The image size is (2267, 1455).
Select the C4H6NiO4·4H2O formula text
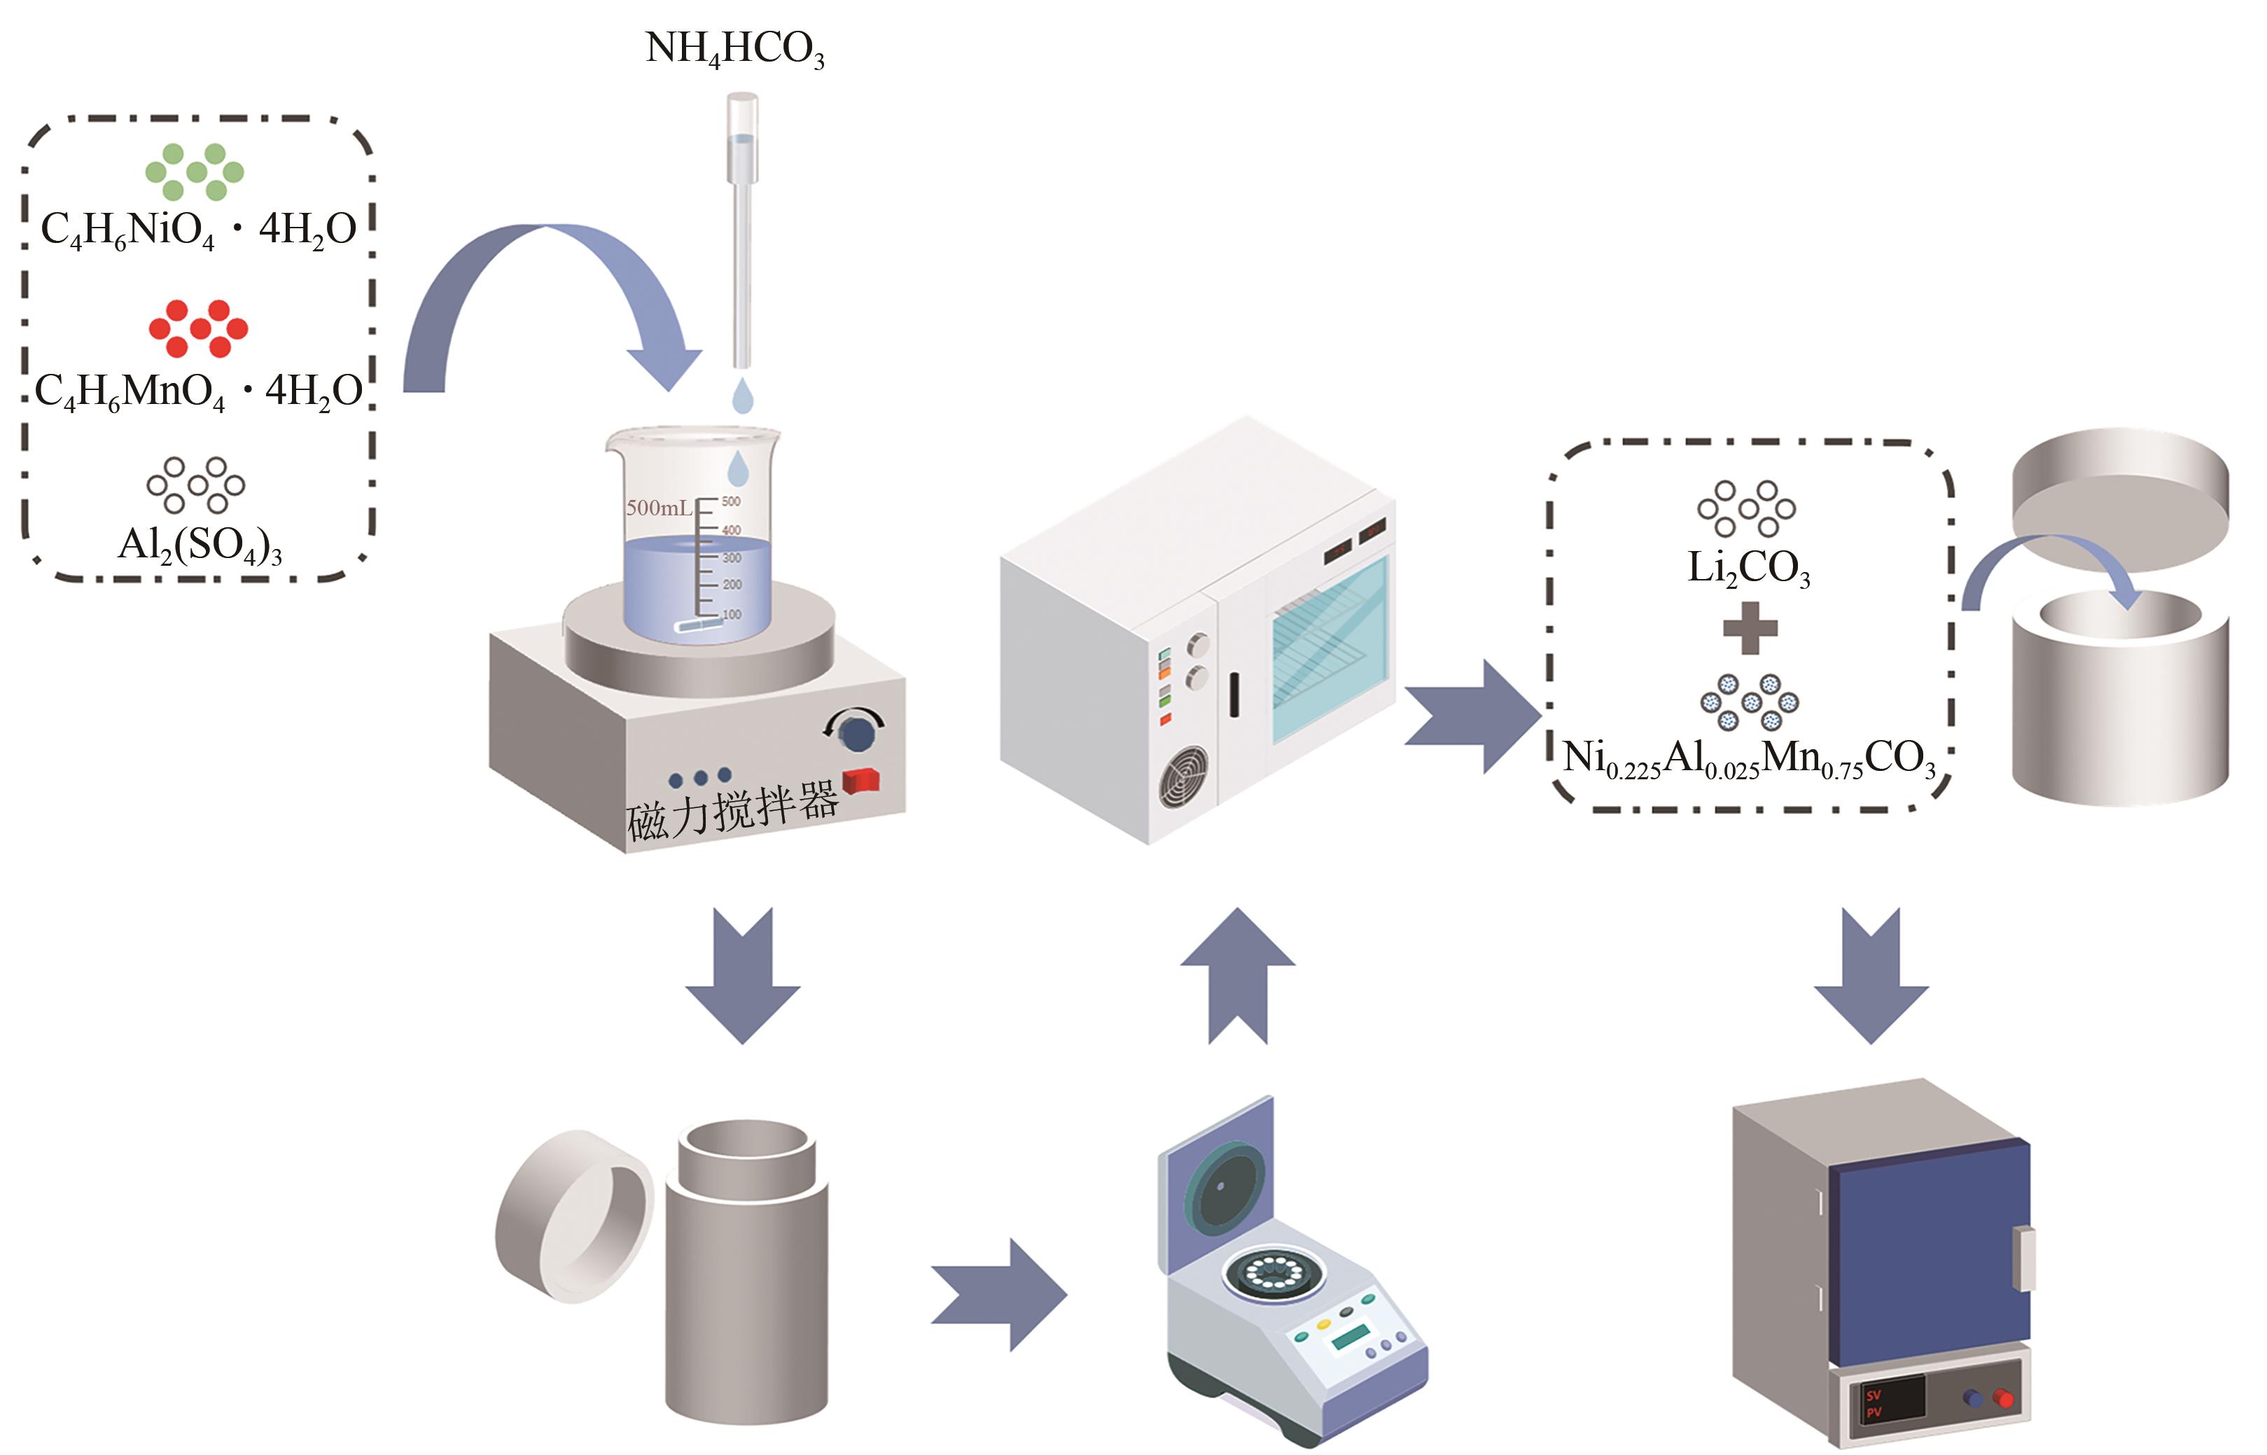point(198,230)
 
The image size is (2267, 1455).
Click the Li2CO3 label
point(1748,568)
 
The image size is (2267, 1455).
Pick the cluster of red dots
point(198,328)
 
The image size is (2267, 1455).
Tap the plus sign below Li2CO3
point(1750,628)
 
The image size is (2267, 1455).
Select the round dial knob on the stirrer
point(857,733)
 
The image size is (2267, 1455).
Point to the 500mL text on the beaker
point(658,508)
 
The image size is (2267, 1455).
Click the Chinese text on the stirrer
point(732,809)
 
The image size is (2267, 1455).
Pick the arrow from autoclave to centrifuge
point(998,1295)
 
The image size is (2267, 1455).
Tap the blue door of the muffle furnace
point(1927,1247)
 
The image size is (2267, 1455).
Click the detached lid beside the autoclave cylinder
point(573,1216)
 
